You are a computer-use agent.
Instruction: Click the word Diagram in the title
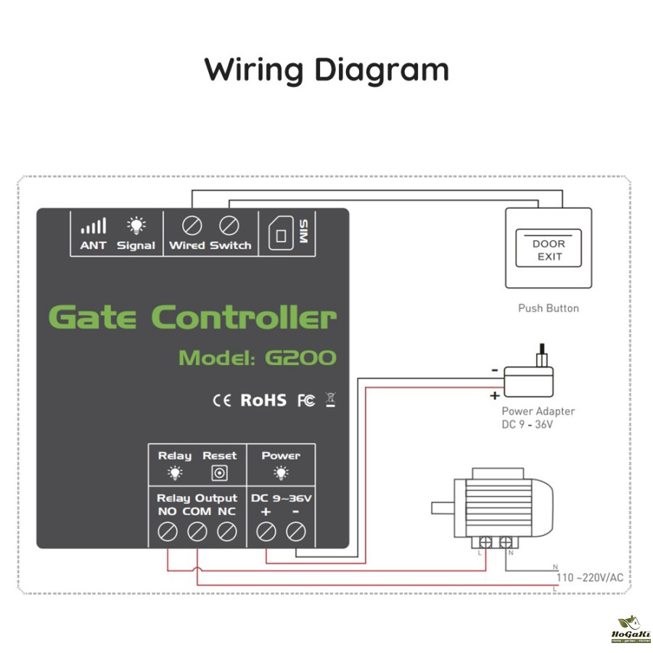click(382, 70)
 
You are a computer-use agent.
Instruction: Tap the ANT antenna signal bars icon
click(93, 226)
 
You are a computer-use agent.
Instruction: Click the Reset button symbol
click(219, 474)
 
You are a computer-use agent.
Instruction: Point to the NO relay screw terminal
click(168, 533)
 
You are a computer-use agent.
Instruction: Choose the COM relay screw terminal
click(197, 533)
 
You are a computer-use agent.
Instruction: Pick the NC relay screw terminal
click(227, 533)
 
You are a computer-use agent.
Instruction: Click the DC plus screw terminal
click(266, 533)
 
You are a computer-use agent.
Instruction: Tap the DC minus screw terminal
click(295, 533)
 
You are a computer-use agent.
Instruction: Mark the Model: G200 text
click(258, 357)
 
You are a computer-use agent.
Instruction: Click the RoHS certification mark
click(263, 400)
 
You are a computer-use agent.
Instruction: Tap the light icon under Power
click(281, 474)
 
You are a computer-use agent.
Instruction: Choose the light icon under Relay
click(175, 474)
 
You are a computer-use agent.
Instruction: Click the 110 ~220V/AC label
click(589, 578)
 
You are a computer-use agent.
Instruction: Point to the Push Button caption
click(549, 308)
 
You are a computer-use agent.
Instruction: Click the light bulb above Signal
click(136, 226)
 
